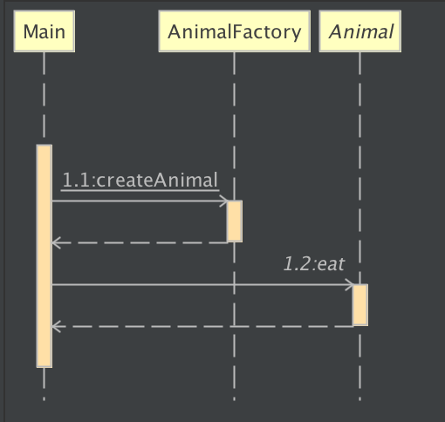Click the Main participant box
pos(44,31)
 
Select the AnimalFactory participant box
pos(235,31)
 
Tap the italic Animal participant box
pos(360,31)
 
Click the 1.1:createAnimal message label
pos(140,180)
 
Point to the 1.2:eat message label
pos(314,264)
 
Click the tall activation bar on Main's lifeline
pos(44,256)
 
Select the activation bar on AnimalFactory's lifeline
pos(235,221)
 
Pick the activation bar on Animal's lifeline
pos(360,305)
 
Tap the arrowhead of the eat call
pos(350,284)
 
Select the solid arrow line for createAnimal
pos(140,201)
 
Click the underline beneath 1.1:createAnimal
pos(140,191)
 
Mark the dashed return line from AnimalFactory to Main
pos(140,242)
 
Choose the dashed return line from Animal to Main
pos(202,326)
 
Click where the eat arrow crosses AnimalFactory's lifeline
pos(235,284)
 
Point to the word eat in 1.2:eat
pos(331,264)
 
